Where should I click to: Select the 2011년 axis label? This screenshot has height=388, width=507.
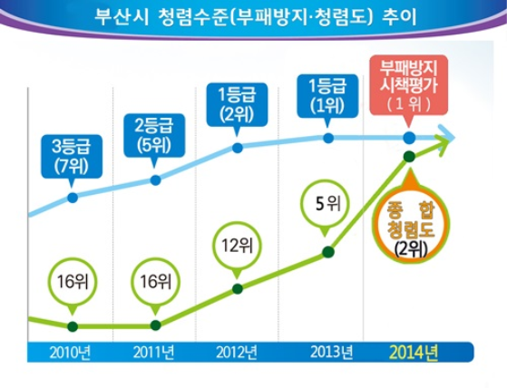[155, 351]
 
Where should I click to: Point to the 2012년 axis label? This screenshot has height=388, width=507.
[238, 351]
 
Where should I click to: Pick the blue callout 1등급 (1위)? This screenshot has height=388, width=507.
[327, 96]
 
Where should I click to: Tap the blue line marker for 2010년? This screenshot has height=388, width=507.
[73, 197]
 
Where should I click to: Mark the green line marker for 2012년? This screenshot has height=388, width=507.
[238, 289]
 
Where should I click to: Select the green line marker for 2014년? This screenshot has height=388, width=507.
[409, 156]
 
